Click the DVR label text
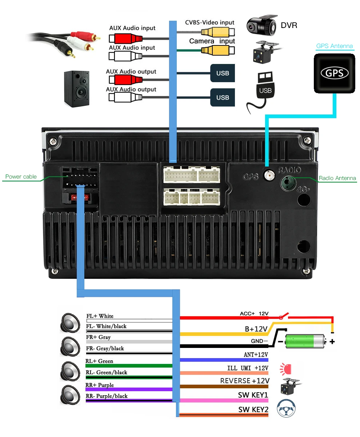coord(289,25)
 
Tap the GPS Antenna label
coord(335,46)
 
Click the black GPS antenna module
coord(334,73)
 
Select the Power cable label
coord(21,176)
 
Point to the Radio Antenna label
coord(337,178)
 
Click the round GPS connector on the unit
coord(269,175)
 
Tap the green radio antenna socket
coord(288,183)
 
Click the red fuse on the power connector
coord(80,197)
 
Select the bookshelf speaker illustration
coord(77,89)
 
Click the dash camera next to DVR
coord(262,24)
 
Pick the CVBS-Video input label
coord(209,23)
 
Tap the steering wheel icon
coord(286,408)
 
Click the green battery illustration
coord(305,341)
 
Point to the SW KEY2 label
coord(253,409)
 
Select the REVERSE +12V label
coord(245,381)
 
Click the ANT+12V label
coord(256,354)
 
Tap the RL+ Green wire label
coord(99,361)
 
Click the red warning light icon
coord(285,369)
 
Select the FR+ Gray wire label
coord(98,337)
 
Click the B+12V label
coord(256,329)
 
